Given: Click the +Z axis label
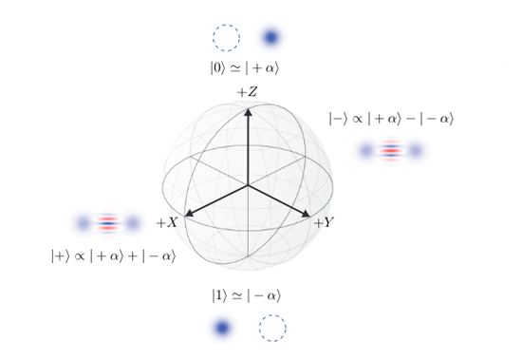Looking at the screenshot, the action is tap(248, 92).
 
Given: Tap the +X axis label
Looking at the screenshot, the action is tap(167, 222).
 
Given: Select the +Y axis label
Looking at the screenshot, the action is tap(326, 223).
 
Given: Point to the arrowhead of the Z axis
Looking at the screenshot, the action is tap(248, 110).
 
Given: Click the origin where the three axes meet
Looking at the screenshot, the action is tap(248, 184).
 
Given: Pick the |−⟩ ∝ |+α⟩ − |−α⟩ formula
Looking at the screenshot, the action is tap(391, 119).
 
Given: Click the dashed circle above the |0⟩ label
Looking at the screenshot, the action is tap(226, 38).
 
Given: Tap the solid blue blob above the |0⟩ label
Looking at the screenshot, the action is tap(270, 38).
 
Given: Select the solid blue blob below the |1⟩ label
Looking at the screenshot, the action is tap(222, 329).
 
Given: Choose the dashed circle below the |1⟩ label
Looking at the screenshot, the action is tap(272, 329).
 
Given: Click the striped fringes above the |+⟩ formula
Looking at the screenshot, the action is tap(107, 224).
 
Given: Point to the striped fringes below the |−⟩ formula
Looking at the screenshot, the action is tap(390, 151).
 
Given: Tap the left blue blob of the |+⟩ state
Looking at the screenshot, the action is tap(84, 224).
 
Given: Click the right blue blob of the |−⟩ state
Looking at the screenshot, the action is tap(414, 151).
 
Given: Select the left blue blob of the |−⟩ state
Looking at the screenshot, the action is tap(366, 151).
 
